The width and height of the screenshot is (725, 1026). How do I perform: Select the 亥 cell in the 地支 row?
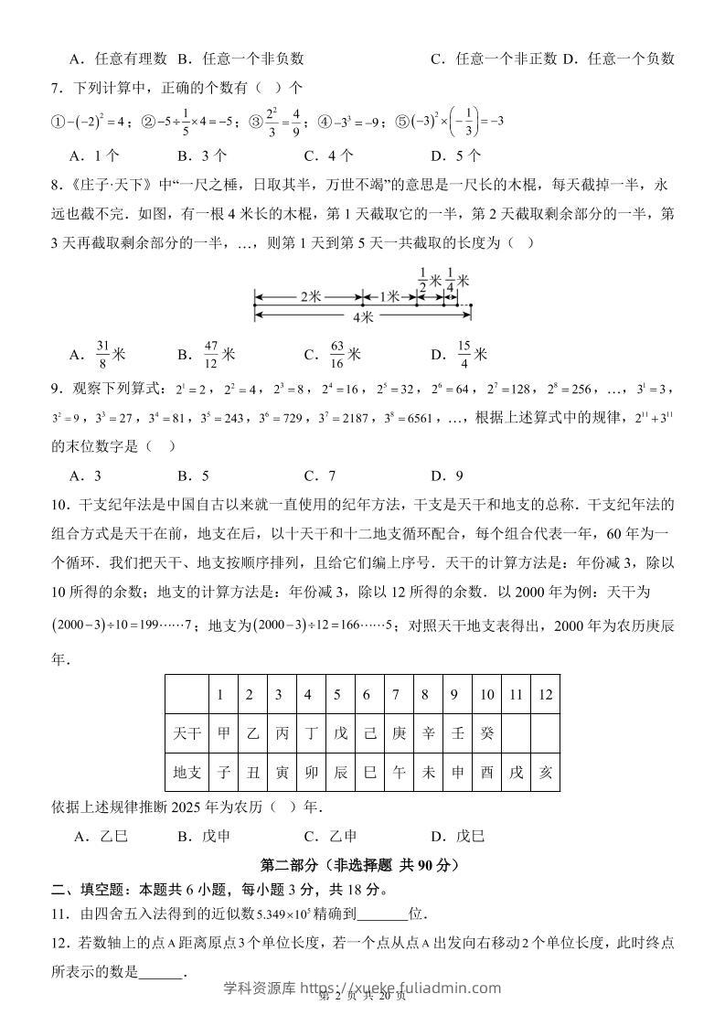tap(546, 772)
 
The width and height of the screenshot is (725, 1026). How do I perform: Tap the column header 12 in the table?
tap(546, 694)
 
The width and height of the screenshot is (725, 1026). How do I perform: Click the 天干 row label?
tap(187, 733)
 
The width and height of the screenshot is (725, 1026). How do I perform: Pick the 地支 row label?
tap(187, 772)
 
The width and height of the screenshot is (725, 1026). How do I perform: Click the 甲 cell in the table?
tap(220, 733)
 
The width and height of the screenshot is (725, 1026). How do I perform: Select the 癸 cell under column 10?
tap(486, 733)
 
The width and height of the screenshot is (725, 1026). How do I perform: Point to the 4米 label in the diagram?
tap(363, 317)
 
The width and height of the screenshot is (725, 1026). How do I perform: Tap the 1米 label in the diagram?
tap(389, 297)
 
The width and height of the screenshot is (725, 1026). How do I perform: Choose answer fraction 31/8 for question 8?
tap(102, 353)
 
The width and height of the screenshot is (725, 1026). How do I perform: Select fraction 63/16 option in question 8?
tap(337, 353)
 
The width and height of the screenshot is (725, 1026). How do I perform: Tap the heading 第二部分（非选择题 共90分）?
tap(362, 864)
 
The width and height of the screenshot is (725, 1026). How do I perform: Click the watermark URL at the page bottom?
tap(362, 988)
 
